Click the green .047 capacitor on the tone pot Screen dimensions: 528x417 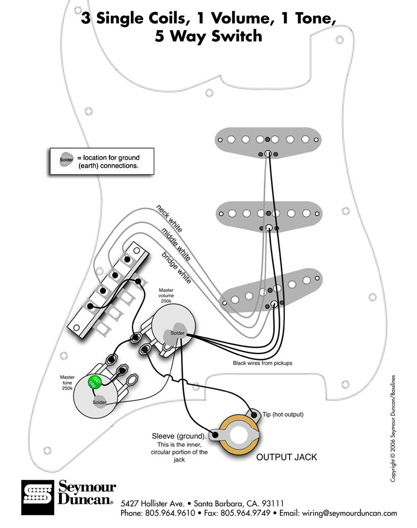coord(94,382)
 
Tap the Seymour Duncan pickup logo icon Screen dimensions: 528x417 coord(37,496)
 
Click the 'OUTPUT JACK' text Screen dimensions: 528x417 coord(286,457)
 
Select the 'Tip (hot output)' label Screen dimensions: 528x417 coord(283,415)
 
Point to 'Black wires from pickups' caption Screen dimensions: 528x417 coord(262,363)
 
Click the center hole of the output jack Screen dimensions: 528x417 coord(237,436)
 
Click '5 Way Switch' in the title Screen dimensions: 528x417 coord(209,36)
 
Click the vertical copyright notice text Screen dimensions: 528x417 coord(393,428)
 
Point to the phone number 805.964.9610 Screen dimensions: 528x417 coord(168,513)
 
